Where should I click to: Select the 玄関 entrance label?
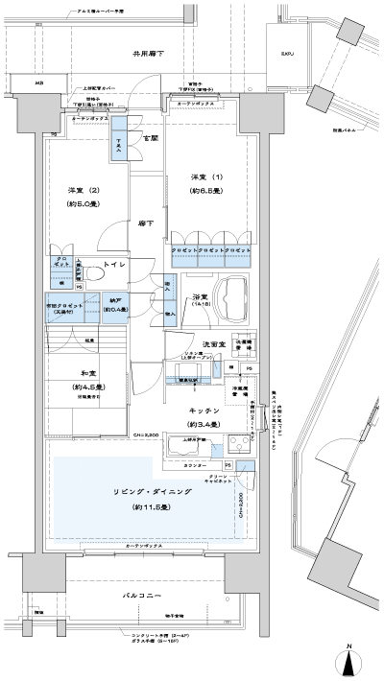[x=150, y=139]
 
